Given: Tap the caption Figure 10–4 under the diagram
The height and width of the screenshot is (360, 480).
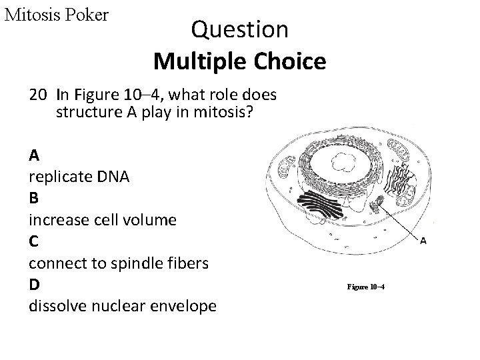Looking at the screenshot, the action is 366,287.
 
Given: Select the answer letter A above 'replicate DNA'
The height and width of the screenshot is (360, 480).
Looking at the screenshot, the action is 34,155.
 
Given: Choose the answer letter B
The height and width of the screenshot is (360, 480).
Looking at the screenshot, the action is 34,198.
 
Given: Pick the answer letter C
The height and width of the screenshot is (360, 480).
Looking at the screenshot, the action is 34,241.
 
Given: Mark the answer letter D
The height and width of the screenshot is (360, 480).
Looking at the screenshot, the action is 34,284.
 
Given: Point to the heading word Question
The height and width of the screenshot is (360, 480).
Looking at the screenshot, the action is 239,29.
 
